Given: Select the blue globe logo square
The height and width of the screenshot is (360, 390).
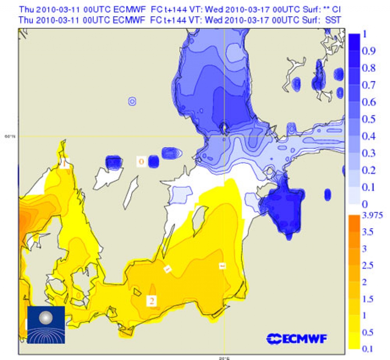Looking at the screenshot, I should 46,325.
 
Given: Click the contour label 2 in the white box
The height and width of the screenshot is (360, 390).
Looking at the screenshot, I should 152,301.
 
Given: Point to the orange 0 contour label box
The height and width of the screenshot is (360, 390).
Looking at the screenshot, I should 141,162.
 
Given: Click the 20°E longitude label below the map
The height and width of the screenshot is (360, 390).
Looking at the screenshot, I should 224,357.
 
